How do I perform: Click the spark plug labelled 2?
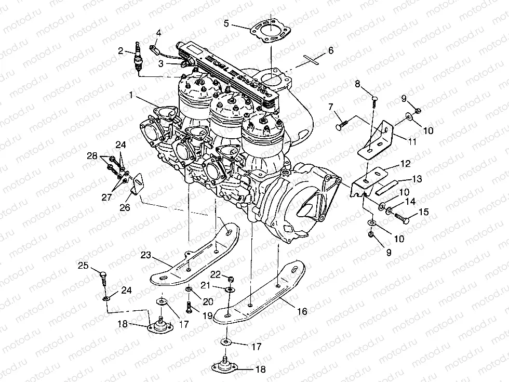(138, 58)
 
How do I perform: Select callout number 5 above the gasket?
(226, 23)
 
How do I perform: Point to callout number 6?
(330, 50)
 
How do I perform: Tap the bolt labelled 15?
(401, 218)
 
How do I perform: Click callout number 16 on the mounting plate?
(302, 311)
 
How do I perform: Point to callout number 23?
(145, 255)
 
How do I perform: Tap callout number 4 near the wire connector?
(158, 33)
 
